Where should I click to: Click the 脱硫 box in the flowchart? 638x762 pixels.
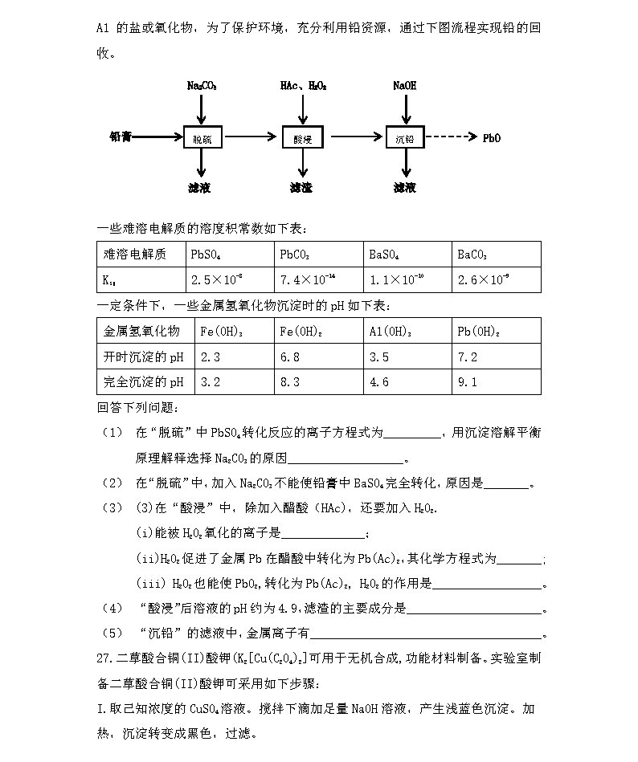pyautogui.click(x=202, y=138)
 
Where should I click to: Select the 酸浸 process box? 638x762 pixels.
pyautogui.click(x=303, y=138)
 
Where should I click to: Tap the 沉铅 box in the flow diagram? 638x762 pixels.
pyautogui.click(x=404, y=138)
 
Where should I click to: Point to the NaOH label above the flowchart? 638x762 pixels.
pyautogui.click(x=405, y=85)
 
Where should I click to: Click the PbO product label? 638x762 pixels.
pyautogui.click(x=492, y=138)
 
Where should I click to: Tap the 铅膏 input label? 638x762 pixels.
pyautogui.click(x=121, y=137)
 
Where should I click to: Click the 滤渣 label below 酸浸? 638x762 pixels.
pyautogui.click(x=301, y=188)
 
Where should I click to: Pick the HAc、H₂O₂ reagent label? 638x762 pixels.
pyautogui.click(x=303, y=85)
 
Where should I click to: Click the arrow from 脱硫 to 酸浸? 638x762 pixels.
pyautogui.click(x=252, y=137)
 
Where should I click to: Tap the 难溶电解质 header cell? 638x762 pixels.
pyautogui.click(x=135, y=255)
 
